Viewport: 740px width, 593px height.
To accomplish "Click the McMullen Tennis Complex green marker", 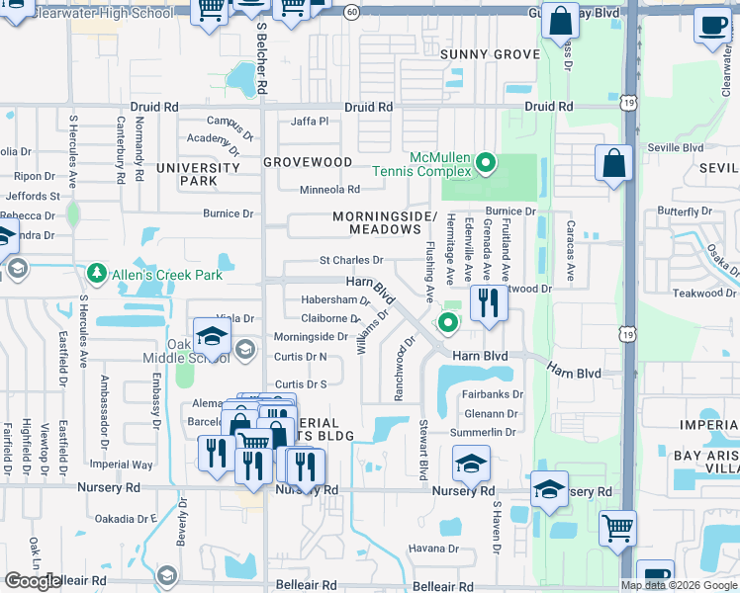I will tap(485, 162).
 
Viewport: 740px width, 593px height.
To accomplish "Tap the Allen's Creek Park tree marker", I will tap(96, 271).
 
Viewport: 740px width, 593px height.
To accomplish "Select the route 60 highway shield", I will tap(353, 11).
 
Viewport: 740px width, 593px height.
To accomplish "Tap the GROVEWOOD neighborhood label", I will tap(308, 161).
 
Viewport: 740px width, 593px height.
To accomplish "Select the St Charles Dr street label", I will tap(350, 261).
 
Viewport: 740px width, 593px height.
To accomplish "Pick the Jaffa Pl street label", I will tap(309, 122).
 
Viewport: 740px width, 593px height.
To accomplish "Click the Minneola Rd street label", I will tap(330, 190).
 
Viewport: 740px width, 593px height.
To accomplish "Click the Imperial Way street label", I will tap(121, 465).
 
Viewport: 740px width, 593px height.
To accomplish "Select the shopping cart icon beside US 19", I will tap(617, 527).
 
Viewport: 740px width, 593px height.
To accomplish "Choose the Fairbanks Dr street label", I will tap(492, 394).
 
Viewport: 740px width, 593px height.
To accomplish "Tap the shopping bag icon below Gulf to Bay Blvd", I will tap(560, 22).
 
